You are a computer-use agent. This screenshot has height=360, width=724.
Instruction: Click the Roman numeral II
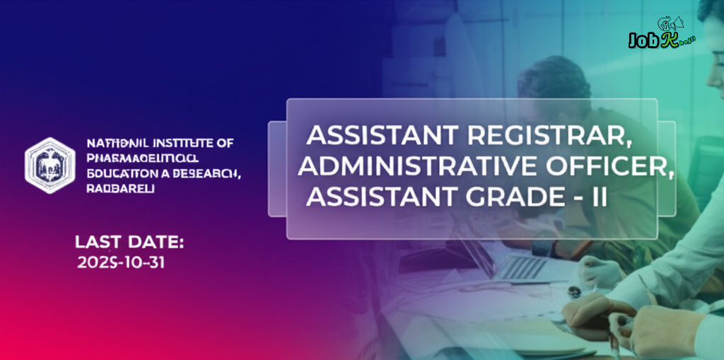click(599, 196)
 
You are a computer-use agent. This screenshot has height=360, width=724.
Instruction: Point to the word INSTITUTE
click(181, 144)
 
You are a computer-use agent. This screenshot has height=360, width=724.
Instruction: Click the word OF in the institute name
click(225, 144)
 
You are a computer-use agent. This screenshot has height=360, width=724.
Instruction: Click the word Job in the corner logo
click(642, 41)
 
